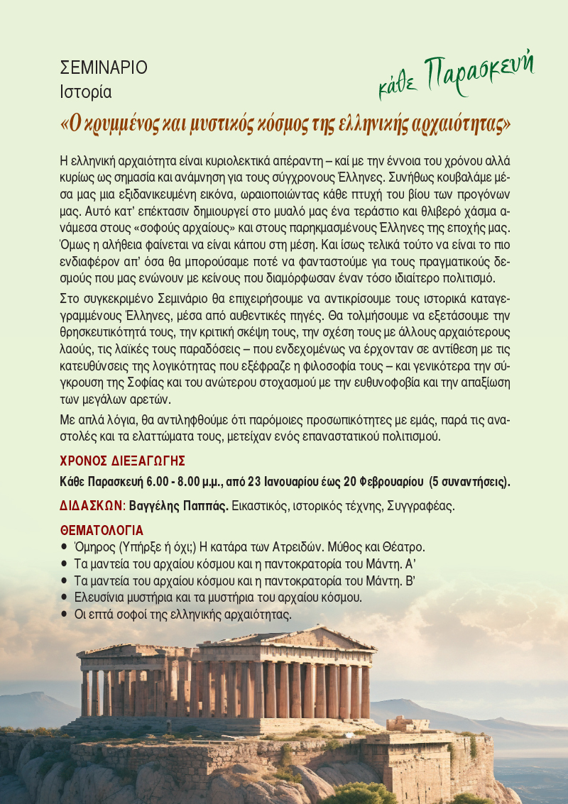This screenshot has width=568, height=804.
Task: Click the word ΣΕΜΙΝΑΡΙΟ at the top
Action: tap(104, 68)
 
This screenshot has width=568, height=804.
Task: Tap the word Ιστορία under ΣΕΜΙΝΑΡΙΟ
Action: tap(86, 92)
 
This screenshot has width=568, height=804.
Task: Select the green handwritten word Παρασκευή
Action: tap(479, 72)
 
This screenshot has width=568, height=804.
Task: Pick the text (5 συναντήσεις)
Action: tap(469, 483)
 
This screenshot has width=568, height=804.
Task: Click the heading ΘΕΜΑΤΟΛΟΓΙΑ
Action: tap(102, 530)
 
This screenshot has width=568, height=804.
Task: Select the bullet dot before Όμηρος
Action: tap(65, 547)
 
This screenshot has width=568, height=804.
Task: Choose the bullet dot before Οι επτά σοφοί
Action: tap(65, 615)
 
